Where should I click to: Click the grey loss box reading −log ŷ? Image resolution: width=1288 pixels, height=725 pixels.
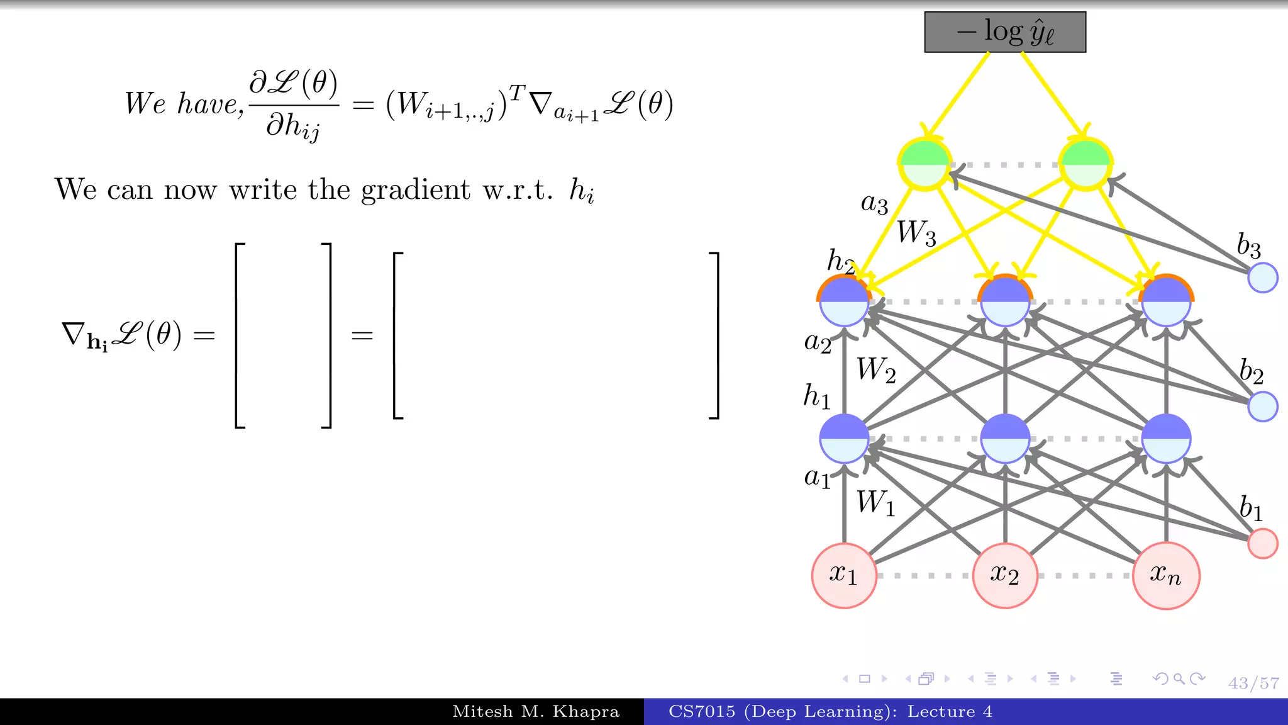tap(1005, 32)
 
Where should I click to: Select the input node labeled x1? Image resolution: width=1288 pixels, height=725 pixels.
tap(844, 575)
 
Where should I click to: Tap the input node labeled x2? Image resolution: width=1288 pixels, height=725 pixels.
tap(1005, 575)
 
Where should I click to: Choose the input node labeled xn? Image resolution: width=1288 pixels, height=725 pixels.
tap(1166, 575)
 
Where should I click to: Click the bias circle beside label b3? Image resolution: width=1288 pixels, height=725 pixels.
tap(1263, 278)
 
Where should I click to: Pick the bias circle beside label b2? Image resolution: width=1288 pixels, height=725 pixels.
tap(1263, 406)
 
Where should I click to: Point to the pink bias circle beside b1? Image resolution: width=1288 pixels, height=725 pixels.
tap(1263, 543)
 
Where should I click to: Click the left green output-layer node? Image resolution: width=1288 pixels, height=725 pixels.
tap(924, 164)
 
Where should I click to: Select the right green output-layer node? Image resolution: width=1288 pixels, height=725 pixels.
tap(1085, 164)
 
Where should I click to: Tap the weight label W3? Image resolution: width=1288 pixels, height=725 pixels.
tap(916, 233)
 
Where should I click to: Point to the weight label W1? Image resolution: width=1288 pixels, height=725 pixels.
tap(875, 503)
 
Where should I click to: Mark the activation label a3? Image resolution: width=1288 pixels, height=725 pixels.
tap(874, 203)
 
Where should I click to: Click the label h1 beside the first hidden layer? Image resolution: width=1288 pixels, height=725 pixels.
tap(817, 396)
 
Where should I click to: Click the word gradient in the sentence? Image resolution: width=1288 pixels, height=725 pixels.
tap(415, 190)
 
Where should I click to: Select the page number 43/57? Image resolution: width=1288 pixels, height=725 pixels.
tap(1253, 683)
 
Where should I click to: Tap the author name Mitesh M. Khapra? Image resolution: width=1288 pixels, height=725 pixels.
tap(536, 712)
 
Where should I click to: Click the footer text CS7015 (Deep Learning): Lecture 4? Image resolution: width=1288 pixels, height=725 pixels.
tap(830, 712)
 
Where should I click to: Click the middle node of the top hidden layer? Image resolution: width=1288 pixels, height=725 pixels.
tap(1005, 301)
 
